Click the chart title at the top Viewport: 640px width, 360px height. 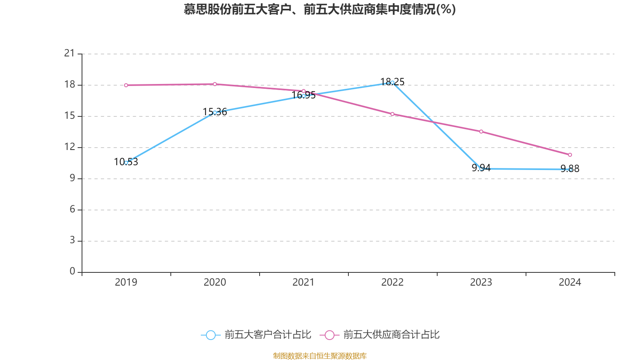click(320, 9)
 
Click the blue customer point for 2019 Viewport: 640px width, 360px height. click(126, 163)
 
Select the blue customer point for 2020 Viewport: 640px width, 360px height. click(215, 112)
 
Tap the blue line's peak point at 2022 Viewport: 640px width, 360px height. click(392, 82)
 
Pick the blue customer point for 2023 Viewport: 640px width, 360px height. click(481, 169)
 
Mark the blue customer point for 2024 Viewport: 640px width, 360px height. click(570, 170)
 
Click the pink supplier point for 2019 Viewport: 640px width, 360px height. click(126, 85)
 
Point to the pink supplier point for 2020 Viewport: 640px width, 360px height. click(215, 84)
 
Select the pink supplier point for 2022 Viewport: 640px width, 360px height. click(392, 114)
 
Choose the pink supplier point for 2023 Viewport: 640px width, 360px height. click(481, 132)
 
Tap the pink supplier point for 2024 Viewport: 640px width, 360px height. click(570, 155)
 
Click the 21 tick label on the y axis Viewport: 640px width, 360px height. click(70, 53)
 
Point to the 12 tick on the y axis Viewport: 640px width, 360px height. click(70, 147)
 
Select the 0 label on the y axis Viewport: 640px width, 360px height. click(72, 272)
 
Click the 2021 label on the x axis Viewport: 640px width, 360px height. click(304, 282)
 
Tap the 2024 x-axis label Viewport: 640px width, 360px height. click(570, 282)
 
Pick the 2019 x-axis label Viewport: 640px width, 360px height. click(126, 282)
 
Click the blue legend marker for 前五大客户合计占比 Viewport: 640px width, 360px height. click(210, 335)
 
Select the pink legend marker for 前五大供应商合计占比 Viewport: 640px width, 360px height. click(329, 335)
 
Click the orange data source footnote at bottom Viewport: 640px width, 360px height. click(320, 356)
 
